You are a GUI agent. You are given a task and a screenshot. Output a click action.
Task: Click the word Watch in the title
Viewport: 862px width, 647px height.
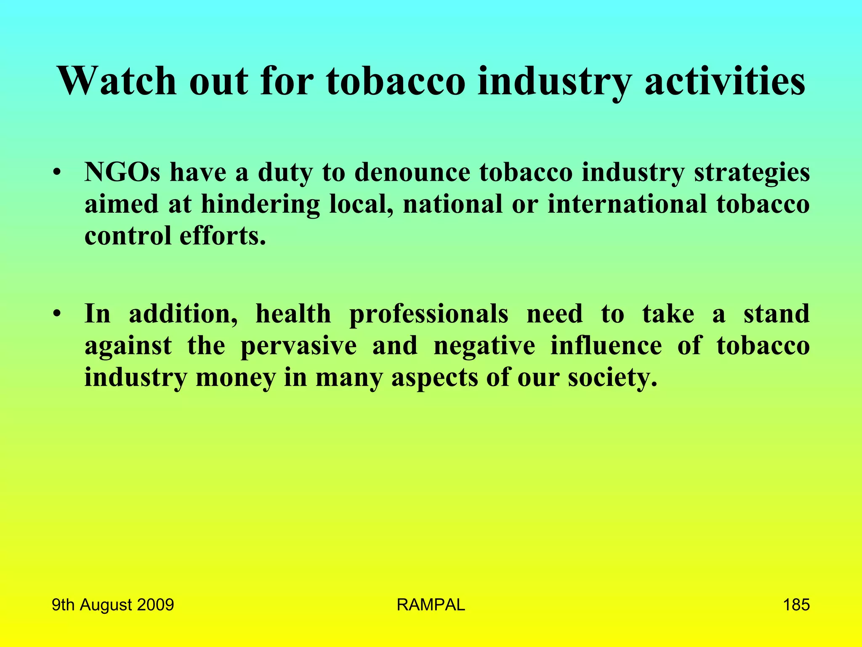117,81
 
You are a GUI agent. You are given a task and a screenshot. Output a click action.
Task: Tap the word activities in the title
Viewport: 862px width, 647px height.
725,81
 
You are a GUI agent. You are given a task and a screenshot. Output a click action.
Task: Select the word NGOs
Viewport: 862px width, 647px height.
122,173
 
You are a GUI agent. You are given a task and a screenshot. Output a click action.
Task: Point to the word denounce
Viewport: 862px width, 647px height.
412,173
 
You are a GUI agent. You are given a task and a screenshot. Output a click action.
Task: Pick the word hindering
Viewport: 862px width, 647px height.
260,205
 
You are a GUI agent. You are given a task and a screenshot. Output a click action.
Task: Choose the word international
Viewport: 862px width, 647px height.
627,204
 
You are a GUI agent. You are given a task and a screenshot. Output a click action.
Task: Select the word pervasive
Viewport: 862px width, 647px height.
298,346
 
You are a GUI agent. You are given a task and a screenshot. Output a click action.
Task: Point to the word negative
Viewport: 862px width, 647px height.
484,346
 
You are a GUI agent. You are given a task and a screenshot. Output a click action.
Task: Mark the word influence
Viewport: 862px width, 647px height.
606,345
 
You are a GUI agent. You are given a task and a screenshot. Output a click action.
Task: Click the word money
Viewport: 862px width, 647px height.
235,378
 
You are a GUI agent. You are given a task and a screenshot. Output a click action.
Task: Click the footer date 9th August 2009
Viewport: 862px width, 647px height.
113,605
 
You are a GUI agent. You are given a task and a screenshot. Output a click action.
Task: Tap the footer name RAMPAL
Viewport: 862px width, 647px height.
431,605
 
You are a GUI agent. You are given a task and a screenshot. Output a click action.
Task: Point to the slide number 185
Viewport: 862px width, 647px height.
796,605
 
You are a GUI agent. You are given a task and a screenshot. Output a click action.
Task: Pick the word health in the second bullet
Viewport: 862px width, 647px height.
293,314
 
